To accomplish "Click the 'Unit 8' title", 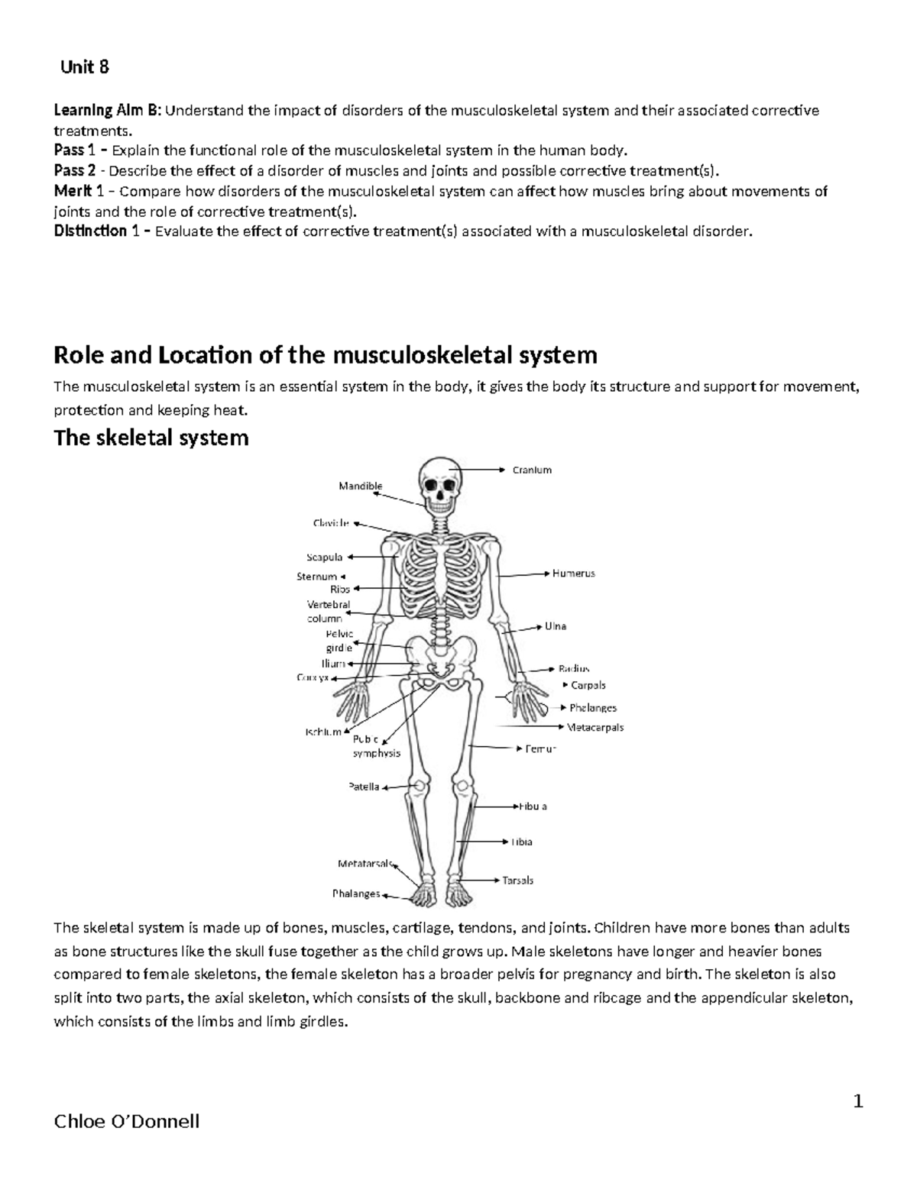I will click(85, 67).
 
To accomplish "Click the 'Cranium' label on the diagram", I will click(532, 470).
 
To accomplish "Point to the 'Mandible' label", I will click(360, 486).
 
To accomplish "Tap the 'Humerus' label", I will click(574, 573).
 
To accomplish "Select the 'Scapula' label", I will click(325, 557).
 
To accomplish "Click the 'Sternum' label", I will click(316, 577).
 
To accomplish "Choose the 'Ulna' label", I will click(556, 626).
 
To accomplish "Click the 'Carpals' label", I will click(588, 685).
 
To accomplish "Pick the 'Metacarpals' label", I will click(596, 727).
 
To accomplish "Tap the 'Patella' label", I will click(364, 787).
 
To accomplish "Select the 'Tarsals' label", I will click(517, 880).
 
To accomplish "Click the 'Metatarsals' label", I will click(365, 864).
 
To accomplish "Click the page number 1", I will click(857, 1101).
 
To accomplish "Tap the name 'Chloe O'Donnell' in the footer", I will click(127, 1121).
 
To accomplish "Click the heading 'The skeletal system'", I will click(151, 438).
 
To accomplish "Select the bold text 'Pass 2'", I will click(74, 170).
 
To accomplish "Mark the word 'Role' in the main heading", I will click(77, 355).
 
